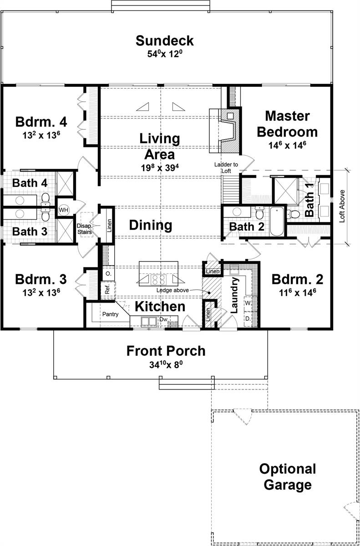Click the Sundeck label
click(164, 40)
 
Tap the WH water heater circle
click(64, 210)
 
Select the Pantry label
click(111, 314)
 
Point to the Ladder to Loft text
click(226, 168)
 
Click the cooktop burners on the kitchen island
click(158, 279)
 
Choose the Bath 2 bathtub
click(277, 221)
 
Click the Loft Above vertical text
click(342, 206)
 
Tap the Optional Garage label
click(288, 476)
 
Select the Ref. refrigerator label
click(107, 289)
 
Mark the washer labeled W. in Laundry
click(248, 303)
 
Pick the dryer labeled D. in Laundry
click(248, 318)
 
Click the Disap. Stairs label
click(84, 229)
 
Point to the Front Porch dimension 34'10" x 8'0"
click(166, 364)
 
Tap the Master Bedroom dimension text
click(287, 145)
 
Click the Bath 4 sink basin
click(20, 200)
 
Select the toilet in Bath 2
click(260, 213)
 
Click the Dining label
click(151, 225)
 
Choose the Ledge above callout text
click(172, 290)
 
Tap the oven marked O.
click(108, 274)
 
